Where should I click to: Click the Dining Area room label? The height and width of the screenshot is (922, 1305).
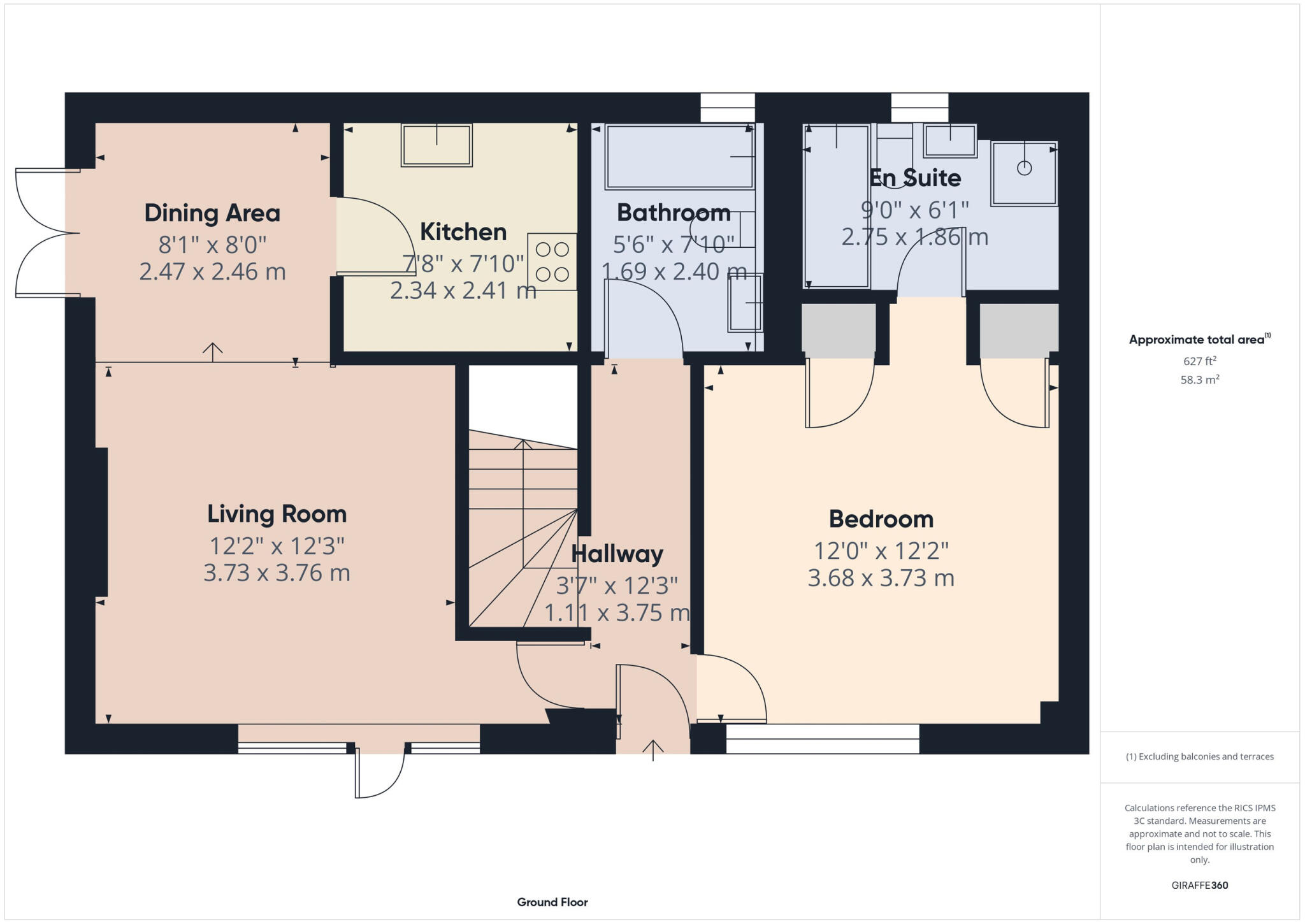(212, 213)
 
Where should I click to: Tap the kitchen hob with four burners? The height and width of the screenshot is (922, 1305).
(552, 262)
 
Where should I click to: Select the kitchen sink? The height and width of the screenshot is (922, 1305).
(436, 145)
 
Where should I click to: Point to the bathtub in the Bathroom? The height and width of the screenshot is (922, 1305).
(679, 157)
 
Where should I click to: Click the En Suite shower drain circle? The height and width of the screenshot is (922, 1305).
(1024, 168)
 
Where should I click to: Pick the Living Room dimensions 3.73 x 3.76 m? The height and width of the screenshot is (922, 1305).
(277, 573)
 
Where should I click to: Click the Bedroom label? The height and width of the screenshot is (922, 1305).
(881, 519)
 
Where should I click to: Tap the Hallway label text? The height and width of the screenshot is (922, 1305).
(617, 554)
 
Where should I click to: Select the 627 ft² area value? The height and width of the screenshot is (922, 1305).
(1200, 361)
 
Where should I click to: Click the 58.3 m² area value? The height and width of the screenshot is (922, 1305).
(1200, 380)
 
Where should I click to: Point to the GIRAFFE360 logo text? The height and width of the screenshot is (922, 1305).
(1199, 885)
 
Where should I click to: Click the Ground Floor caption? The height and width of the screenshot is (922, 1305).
(552, 902)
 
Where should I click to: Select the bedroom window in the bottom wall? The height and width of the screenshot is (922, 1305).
(822, 739)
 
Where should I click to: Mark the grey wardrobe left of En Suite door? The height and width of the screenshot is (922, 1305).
(838, 330)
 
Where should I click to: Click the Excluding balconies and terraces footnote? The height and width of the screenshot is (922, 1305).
(1199, 756)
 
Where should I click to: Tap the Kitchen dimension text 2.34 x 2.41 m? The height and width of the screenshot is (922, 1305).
(463, 291)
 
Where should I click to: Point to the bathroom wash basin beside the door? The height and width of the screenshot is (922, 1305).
(745, 303)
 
